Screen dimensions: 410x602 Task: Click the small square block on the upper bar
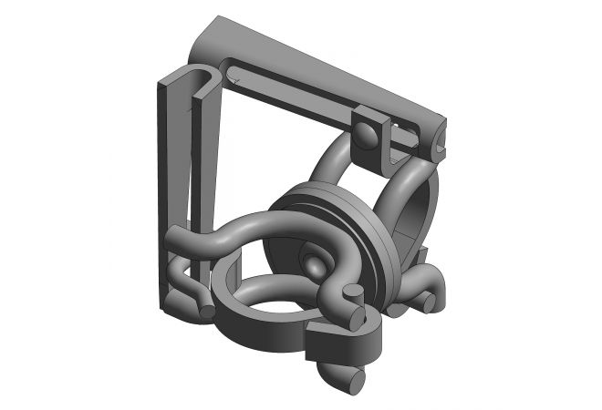[373, 138]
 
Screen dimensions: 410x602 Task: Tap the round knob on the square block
[366, 137]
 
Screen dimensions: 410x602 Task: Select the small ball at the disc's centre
[314, 265]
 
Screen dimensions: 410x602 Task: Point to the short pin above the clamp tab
[354, 292]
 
